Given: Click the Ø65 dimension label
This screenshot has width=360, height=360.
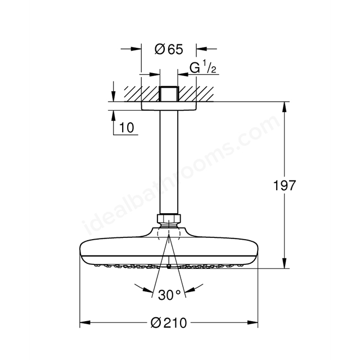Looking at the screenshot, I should (169, 49).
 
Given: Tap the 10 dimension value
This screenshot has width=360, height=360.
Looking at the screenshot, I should (127, 128).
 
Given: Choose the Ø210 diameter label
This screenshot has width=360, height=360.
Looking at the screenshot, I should (168, 324).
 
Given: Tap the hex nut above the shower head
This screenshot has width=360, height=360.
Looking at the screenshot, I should (168, 218).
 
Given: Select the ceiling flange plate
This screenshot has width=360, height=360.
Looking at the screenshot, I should (168, 106).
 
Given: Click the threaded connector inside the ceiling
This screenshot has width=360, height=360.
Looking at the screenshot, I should (168, 93).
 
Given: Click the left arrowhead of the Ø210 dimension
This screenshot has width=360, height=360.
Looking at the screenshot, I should (83, 323).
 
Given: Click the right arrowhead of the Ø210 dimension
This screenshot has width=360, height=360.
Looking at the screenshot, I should (254, 323).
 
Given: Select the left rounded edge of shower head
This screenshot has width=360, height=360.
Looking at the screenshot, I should (83, 251).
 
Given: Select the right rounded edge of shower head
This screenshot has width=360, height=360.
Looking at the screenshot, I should (254, 251).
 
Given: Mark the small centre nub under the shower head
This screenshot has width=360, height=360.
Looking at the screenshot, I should (169, 265).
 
